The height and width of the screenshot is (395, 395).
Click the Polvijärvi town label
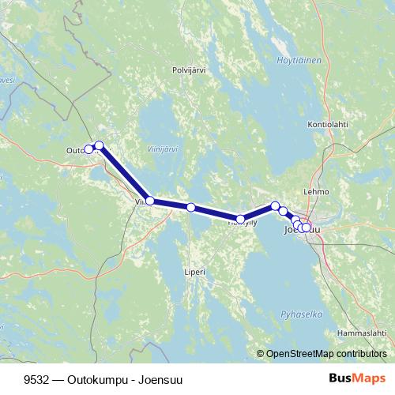pos(189,70)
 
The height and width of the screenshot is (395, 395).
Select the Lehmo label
pos(315,191)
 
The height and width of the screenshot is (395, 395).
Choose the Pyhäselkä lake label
pos(302,314)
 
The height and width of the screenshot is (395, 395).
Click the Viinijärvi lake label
pos(163,148)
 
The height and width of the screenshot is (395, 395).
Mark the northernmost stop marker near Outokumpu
pos(99,145)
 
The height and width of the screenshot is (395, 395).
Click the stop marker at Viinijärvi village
pos(150,201)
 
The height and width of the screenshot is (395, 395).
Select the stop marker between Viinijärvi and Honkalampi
pos(191,207)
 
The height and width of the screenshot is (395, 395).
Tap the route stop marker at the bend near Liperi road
pos(241,219)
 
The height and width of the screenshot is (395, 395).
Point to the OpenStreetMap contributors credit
pos(326,354)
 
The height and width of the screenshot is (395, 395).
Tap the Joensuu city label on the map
pos(303,230)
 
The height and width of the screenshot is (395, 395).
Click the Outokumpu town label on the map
pos(77,150)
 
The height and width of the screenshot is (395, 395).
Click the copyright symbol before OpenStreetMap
pos(260,354)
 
